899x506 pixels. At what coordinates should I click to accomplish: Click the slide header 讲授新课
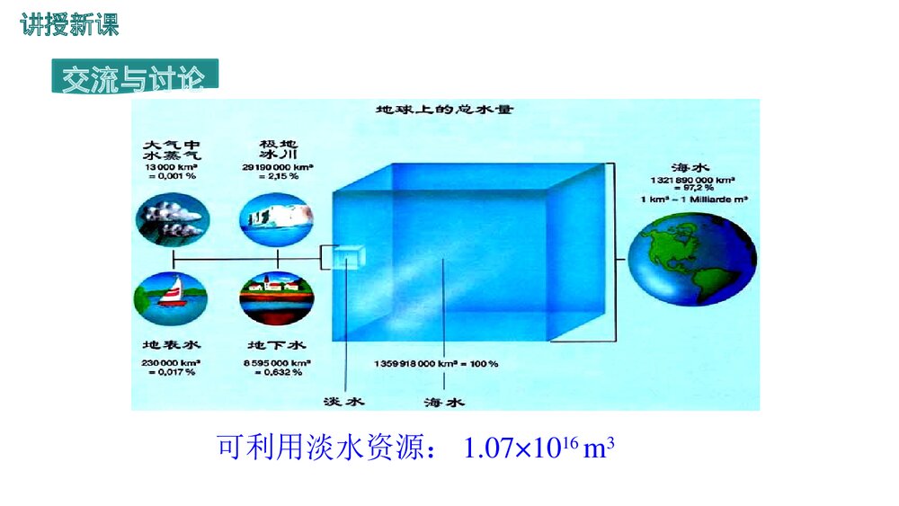pos(69,26)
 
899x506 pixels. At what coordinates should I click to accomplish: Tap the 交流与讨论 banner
pos(134,77)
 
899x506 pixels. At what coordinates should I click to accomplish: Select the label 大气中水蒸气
pos(171,149)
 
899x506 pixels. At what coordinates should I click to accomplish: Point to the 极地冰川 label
pos(278,149)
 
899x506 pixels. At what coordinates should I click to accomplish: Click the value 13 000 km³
pos(171,166)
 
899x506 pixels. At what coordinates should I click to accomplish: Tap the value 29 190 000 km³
pos(278,166)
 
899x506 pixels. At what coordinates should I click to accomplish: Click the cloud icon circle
pos(171,217)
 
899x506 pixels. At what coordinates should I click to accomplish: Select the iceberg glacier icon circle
pos(277,217)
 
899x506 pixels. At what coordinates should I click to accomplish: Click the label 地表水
pos(171,344)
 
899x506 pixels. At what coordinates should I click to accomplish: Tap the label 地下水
pos(277,344)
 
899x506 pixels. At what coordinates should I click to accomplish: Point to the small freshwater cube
pos(349,257)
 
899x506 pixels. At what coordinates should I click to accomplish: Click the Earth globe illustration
pos(689,259)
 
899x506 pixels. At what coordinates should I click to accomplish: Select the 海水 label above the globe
pos(690,167)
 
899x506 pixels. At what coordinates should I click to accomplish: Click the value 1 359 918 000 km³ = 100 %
pos(436,363)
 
